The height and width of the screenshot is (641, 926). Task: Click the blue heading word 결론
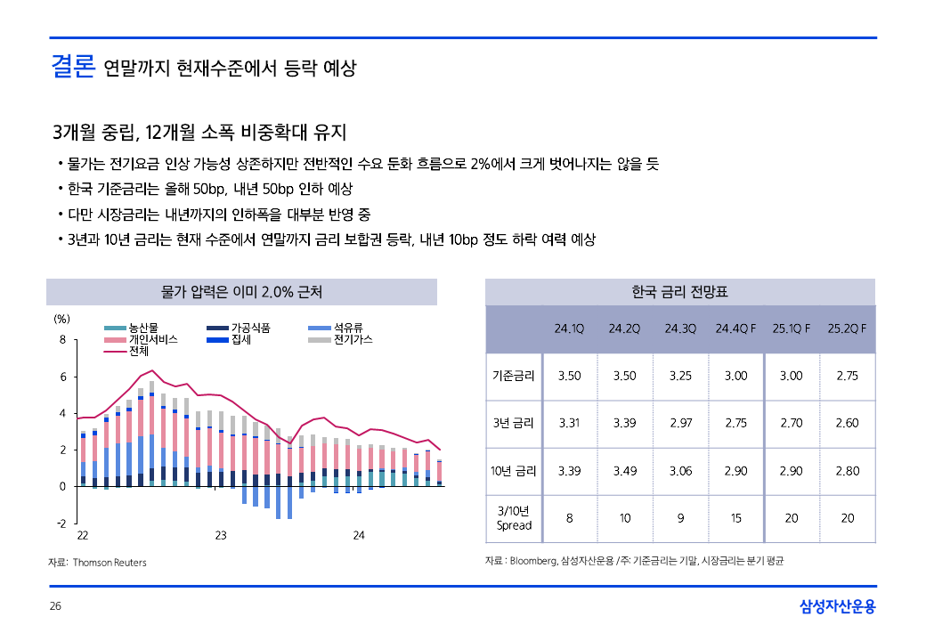[x=73, y=66]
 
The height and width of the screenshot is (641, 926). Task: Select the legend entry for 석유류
[x=348, y=328]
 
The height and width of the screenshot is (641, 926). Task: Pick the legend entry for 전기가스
[x=353, y=339]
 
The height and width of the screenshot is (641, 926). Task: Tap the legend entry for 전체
[x=139, y=351]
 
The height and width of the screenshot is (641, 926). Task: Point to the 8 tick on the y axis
[x=62, y=339]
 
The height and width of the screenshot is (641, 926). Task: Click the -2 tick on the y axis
[x=61, y=523]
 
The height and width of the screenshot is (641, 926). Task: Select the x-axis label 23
[x=221, y=535]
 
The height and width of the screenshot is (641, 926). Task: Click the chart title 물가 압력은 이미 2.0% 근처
[x=241, y=292]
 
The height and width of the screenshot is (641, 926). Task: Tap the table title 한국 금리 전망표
[x=680, y=292]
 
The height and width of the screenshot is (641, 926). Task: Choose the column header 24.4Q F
[x=735, y=329]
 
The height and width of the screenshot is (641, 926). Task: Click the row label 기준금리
[x=514, y=376]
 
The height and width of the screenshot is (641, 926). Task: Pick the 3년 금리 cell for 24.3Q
[x=680, y=423]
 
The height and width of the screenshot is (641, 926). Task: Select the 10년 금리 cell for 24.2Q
[x=625, y=470]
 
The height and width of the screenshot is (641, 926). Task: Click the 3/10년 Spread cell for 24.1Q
[x=569, y=517]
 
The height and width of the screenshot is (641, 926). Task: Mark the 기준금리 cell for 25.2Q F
[x=847, y=376]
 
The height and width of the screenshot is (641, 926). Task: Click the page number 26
[x=55, y=606]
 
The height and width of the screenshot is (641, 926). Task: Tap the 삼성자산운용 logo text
[x=837, y=607]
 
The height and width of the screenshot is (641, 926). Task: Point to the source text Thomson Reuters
[x=110, y=563]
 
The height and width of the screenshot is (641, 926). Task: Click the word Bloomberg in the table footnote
[x=532, y=561]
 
